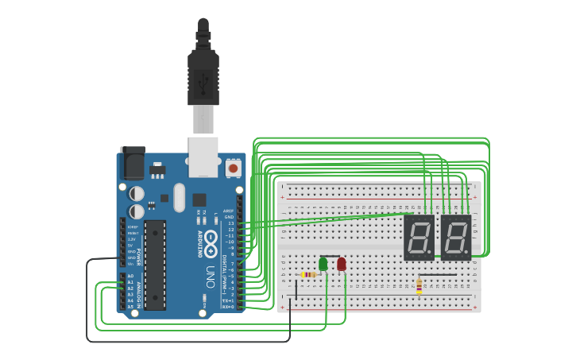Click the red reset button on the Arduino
point(233,168)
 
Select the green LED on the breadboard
point(323,264)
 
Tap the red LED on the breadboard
point(342,264)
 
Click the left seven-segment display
point(419,238)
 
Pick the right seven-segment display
point(456,238)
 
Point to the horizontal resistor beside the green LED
point(309,275)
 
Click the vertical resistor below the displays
point(419,286)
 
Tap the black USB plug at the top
point(203,75)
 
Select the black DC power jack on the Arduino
point(132,164)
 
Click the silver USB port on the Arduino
point(203,156)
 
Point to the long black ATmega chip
point(155,265)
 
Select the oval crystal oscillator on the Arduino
point(179,198)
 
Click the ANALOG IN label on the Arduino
point(140,291)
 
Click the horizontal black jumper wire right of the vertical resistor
point(438,275)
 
